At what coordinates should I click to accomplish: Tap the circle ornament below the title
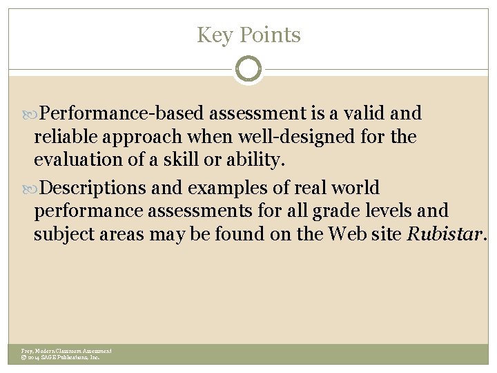pyautogui.click(x=248, y=69)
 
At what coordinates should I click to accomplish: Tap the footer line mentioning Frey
pyautogui.click(x=66, y=351)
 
